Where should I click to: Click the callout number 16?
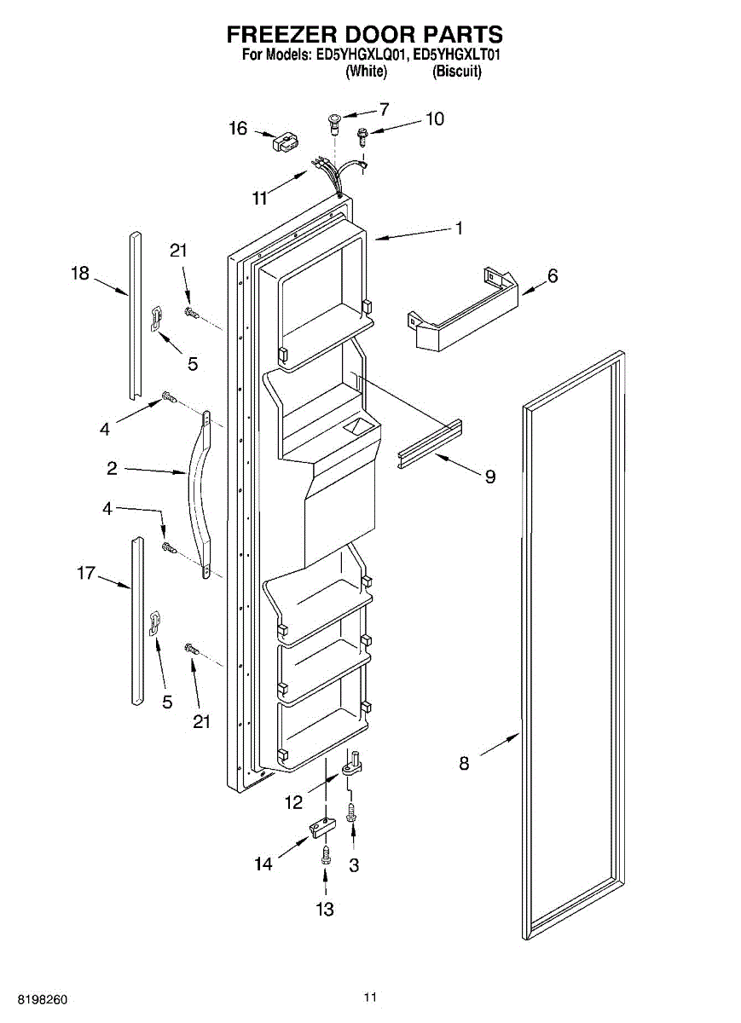(238, 129)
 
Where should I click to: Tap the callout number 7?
(384, 109)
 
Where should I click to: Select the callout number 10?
(435, 119)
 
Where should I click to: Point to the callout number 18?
(80, 274)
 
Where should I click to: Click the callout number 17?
(86, 573)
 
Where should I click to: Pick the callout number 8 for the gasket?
(464, 764)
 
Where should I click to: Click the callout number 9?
(490, 477)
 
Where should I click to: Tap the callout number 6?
(553, 276)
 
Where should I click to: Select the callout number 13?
(325, 910)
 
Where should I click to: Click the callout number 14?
(263, 864)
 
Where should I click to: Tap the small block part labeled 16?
(282, 142)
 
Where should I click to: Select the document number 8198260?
(35, 998)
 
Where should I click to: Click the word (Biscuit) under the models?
(457, 72)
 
